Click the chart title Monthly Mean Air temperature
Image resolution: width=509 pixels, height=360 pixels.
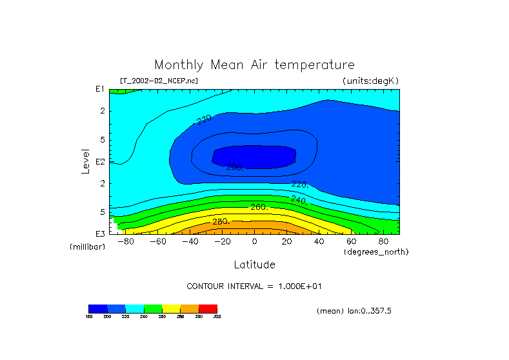pos(254,65)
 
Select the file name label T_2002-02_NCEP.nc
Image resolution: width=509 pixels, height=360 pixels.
pos(159,81)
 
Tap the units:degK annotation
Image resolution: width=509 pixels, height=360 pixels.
pos(370,81)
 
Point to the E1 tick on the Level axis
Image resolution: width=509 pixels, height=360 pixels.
pos(100,90)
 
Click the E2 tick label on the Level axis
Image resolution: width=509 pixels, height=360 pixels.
pos(100,162)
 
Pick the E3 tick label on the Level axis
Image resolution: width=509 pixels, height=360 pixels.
pos(100,234)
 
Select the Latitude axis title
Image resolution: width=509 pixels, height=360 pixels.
pos(254,265)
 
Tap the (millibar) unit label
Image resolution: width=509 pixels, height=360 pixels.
pos(87,247)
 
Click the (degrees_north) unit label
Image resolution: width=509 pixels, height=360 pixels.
pos(376,252)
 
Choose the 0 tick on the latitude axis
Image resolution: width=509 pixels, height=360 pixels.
pos(254,241)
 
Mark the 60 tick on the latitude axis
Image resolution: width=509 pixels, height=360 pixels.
pos(351,241)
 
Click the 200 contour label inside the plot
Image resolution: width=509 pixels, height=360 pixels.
pos(235,167)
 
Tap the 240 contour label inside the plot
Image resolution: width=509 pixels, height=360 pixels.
pos(299,200)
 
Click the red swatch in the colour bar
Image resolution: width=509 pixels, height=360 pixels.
pos(208,308)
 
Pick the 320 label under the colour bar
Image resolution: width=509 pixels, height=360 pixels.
pos(217,317)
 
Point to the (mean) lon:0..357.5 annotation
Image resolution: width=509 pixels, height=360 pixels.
pos(354,310)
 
